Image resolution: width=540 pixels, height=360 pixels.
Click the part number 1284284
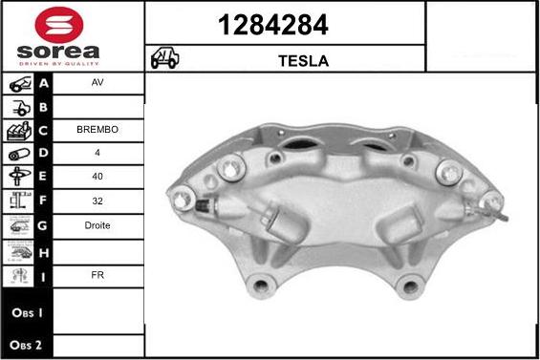click(284, 24)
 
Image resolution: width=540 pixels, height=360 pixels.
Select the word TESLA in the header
click(303, 60)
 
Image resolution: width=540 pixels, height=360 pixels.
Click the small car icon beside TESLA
click(163, 59)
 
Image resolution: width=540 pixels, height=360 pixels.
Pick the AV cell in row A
click(97, 83)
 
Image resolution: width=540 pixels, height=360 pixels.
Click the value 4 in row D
click(97, 153)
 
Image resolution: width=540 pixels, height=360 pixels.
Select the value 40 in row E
click(97, 177)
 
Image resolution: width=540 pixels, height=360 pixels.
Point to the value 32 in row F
click(97, 201)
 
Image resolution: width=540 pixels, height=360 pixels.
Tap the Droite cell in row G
click(97, 226)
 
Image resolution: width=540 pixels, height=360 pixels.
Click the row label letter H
click(44, 250)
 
